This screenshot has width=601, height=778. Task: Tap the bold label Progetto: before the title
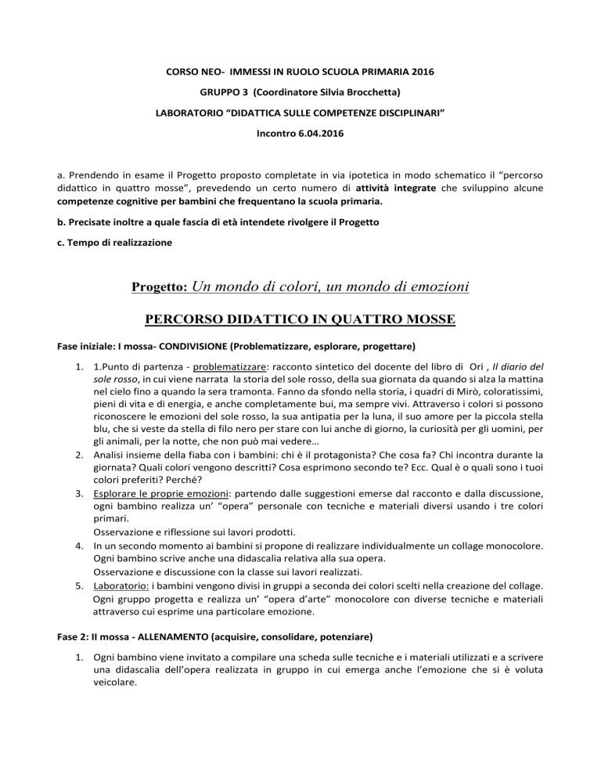158,289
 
